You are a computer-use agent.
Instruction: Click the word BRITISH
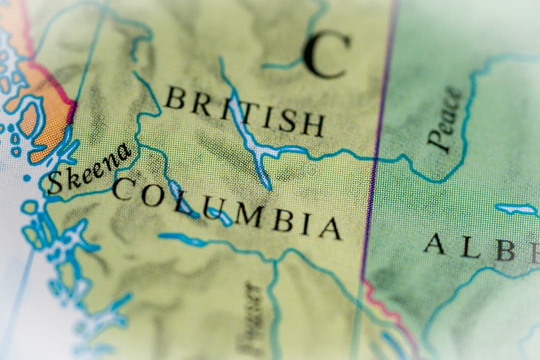click(x=245, y=112)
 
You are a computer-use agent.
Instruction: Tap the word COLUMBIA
click(x=226, y=210)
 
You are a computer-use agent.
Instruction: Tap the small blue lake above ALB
click(x=516, y=209)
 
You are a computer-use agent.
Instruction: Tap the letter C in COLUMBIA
click(x=124, y=188)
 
